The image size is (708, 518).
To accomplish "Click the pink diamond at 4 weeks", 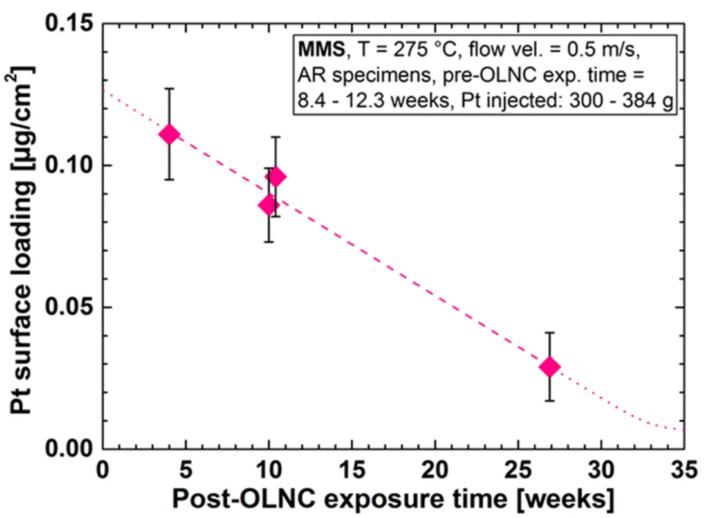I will point(169,134).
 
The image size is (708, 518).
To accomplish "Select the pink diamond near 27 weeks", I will point(549,367).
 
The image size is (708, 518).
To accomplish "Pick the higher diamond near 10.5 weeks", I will point(275,177).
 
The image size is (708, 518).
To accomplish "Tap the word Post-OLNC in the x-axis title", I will point(225,497).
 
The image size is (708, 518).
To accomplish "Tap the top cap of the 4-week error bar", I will point(169,89).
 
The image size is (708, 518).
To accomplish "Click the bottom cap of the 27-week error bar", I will point(549,401).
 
